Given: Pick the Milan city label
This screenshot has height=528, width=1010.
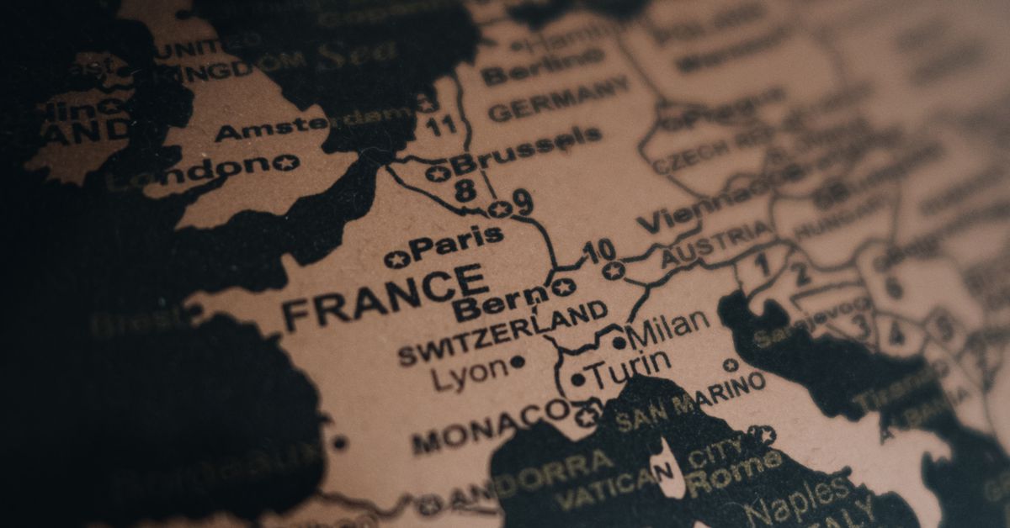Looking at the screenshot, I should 670,325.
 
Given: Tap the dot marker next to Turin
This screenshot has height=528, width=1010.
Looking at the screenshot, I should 577,380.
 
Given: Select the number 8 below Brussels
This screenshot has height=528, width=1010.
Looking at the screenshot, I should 465,190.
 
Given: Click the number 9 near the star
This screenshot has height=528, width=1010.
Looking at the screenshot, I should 522,203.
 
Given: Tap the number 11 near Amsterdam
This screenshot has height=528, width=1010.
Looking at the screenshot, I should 441,127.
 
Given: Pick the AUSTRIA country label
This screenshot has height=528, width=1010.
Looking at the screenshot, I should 715,244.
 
